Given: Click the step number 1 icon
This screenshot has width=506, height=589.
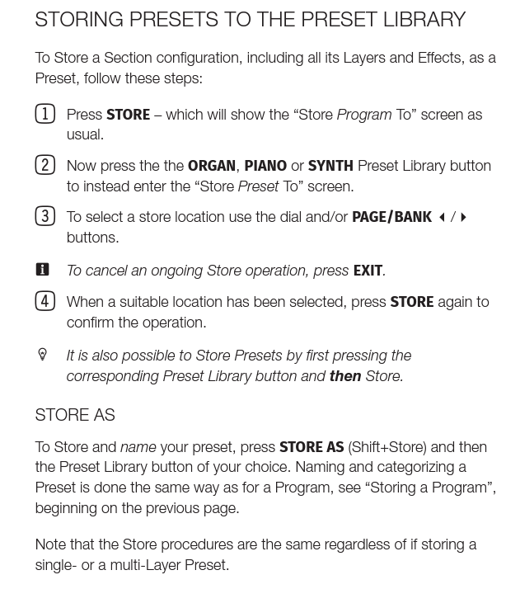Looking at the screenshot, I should click(x=45, y=114).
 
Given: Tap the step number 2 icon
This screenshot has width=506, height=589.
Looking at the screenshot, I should click(x=45, y=165).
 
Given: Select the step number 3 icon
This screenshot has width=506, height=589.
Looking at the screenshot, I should click(x=45, y=216).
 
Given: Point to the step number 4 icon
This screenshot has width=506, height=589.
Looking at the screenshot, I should click(x=45, y=301).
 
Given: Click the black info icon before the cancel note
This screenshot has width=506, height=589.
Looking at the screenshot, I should click(x=43, y=270).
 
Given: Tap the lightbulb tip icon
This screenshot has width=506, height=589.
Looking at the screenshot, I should click(x=43, y=355).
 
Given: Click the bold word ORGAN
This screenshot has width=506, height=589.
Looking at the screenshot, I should click(x=212, y=166).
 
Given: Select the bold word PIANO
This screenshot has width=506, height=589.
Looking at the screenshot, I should click(x=265, y=166).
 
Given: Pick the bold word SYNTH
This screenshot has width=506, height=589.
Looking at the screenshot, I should click(x=330, y=166).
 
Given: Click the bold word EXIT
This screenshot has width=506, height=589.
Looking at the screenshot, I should click(x=368, y=271).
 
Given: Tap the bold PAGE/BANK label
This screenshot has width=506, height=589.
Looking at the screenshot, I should click(x=391, y=217).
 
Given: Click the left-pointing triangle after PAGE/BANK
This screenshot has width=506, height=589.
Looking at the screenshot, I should click(x=442, y=218).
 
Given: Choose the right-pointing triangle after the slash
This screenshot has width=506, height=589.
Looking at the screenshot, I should click(x=464, y=218).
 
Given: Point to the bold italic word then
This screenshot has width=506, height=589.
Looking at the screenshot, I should click(x=345, y=376).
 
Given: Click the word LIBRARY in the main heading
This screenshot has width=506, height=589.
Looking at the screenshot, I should click(x=415, y=19).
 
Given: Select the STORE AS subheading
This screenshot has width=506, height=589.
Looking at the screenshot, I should click(x=75, y=415).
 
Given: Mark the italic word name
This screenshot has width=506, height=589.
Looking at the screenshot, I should click(x=138, y=447).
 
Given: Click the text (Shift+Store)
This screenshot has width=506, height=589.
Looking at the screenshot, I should click(x=387, y=447).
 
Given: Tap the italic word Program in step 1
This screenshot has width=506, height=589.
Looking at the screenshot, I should click(x=364, y=115).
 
